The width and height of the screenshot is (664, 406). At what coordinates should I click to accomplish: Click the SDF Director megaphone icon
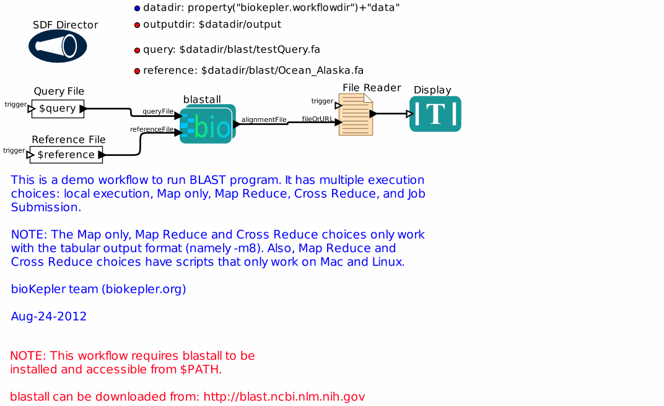tap(58, 46)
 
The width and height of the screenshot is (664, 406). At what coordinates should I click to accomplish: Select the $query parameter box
tap(58, 109)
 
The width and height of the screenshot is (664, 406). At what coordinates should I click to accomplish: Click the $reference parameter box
tap(66, 154)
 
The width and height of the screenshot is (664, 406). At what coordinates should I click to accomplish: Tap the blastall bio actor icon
tap(207, 124)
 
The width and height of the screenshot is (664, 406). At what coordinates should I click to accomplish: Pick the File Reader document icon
tap(356, 114)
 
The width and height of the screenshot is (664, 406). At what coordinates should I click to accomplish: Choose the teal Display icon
tap(435, 114)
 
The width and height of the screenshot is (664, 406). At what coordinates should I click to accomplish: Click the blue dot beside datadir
tap(138, 9)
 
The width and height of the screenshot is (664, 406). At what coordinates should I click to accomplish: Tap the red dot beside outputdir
tap(138, 25)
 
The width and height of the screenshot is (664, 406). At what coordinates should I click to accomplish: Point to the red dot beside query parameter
tap(138, 50)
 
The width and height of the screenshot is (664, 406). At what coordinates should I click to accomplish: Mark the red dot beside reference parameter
tap(138, 71)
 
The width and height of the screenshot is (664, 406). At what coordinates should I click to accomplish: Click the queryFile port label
tap(158, 111)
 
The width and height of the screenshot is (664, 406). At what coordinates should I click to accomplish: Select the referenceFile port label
tap(152, 129)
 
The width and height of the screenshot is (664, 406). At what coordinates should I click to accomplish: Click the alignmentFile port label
tap(264, 119)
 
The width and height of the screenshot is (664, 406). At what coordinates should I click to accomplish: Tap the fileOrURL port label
tap(318, 119)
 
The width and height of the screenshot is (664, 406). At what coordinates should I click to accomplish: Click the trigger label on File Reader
tap(322, 101)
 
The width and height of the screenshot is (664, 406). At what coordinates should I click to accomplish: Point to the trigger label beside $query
tap(15, 104)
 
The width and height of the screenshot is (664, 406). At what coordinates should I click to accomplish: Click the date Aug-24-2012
tap(49, 316)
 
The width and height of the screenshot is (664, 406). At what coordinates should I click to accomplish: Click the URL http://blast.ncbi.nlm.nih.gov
tap(284, 397)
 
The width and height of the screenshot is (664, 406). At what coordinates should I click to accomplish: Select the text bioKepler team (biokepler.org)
tap(98, 289)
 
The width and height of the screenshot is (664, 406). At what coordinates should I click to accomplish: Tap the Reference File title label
tap(69, 139)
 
